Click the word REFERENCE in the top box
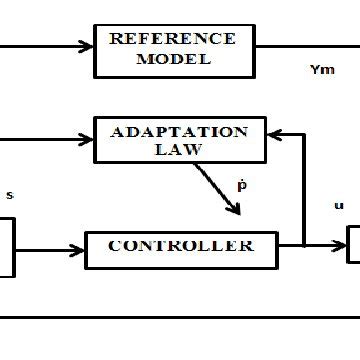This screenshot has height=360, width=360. tap(172, 40)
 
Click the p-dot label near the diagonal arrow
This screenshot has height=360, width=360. tap(241, 185)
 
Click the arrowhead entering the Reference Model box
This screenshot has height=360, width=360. tap(88, 45)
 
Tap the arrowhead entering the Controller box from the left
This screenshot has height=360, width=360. tap(80, 245)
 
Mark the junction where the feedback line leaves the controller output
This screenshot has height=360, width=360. tap(304, 244)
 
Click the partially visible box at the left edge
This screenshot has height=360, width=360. tap(7, 248)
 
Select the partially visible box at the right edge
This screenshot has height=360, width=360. tap(353, 245)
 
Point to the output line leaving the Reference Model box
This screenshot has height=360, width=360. tap(300, 45)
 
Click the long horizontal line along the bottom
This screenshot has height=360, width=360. tap(180, 317)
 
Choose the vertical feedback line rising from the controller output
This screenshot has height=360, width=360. tap(304, 190)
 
